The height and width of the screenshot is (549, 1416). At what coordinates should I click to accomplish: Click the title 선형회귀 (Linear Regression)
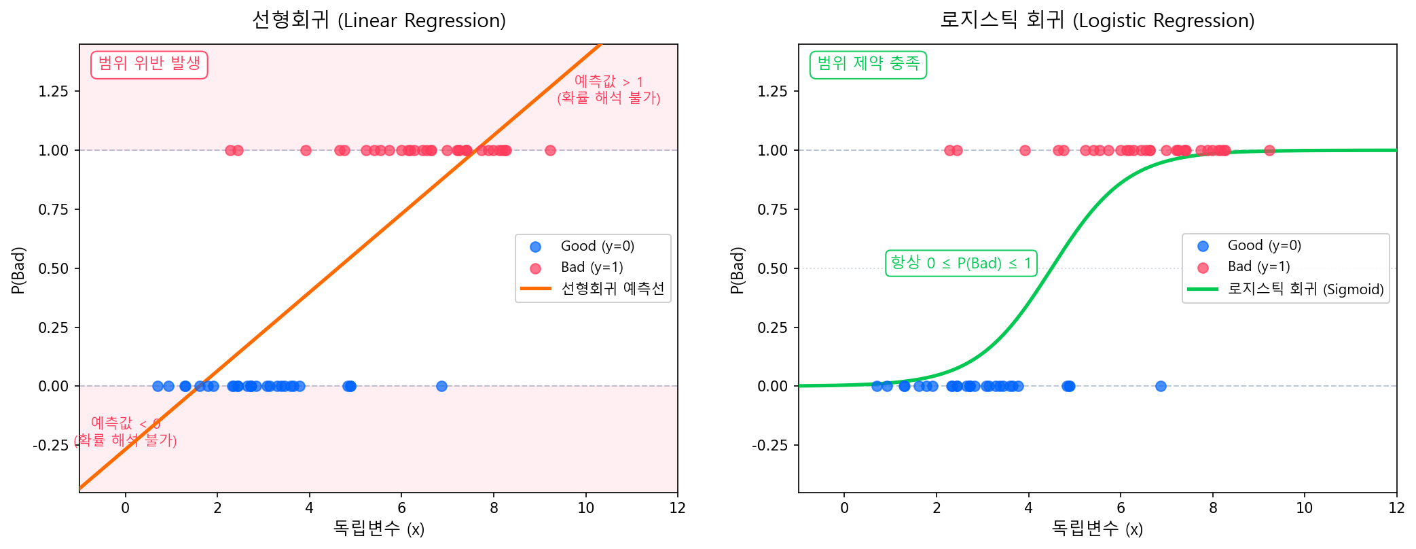click(x=378, y=20)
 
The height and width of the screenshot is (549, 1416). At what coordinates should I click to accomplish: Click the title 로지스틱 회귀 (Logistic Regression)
click(x=1097, y=20)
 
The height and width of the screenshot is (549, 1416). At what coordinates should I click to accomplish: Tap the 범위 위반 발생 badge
click(x=149, y=65)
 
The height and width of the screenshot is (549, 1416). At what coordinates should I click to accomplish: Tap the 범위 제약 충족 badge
click(x=868, y=65)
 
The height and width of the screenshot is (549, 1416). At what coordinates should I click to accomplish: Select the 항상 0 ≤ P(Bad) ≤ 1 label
click(x=961, y=263)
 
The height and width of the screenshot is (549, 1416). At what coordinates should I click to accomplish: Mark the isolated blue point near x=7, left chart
click(x=441, y=386)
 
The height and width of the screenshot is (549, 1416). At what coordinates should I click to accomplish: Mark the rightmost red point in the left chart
click(x=550, y=150)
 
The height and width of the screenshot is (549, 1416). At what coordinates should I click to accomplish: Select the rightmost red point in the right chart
click(x=1269, y=150)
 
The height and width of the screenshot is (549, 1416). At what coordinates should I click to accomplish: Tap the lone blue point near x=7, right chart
click(x=1161, y=386)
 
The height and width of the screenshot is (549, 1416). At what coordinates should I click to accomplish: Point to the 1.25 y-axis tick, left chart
click(x=54, y=91)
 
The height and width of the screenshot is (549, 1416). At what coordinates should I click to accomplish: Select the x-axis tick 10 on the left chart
click(x=585, y=508)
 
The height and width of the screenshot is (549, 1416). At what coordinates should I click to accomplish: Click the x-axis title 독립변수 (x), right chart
click(x=1097, y=529)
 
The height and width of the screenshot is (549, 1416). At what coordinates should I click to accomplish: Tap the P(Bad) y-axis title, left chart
click(x=18, y=270)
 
